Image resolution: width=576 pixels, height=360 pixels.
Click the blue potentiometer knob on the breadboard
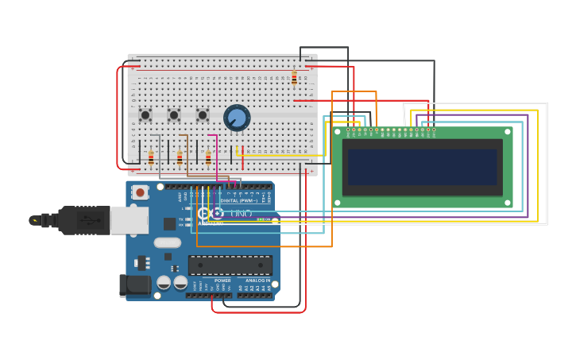coord(237,118)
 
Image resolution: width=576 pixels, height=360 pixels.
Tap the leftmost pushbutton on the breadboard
coord(145,115)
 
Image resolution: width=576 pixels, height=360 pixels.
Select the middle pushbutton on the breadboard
coord(174,115)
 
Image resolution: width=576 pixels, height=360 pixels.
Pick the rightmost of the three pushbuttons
coord(203,115)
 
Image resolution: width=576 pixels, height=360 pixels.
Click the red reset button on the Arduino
coord(140,192)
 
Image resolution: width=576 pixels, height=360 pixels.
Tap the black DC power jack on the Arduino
coord(133,286)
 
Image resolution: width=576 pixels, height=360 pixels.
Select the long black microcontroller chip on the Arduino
coord(230,265)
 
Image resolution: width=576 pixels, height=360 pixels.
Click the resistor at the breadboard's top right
coord(294,78)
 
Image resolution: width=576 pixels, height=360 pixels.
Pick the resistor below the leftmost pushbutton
coord(151,157)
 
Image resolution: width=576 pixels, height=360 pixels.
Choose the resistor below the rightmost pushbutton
coord(208,157)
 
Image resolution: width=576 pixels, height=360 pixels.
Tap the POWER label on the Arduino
coord(222,281)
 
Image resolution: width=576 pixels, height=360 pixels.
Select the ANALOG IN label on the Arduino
coord(257,281)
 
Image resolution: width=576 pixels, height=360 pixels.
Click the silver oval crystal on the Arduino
coord(167,242)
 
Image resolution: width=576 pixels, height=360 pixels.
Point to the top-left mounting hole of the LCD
coord(338,132)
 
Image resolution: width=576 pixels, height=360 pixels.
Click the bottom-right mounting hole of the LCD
coord(507,203)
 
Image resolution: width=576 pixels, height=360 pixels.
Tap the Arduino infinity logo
coord(211,213)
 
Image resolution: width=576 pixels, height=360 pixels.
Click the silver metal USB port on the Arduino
coord(129,220)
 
